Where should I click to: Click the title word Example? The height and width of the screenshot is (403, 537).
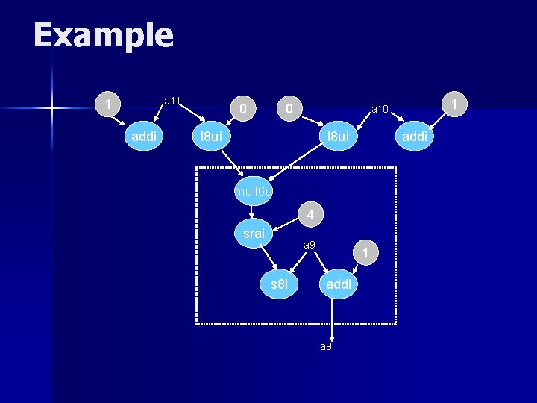pos(103,35)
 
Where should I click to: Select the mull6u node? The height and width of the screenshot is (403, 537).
pos(254,192)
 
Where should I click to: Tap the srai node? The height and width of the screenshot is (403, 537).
pos(254,234)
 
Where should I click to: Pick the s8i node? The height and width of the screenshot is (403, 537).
pos(280,284)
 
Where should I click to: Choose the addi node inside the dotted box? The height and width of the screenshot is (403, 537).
pos(339,284)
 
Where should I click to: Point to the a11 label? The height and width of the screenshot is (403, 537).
pos(172,100)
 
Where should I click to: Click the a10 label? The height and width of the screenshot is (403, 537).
pos(380,110)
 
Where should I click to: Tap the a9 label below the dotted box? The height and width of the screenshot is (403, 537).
pos(327,347)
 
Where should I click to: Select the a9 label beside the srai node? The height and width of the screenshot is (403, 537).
pos(310,245)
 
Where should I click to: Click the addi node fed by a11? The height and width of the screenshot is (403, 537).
pos(143,137)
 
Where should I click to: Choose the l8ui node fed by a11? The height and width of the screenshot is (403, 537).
pos(212,137)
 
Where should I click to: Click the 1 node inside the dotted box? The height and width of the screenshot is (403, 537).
pos(365,254)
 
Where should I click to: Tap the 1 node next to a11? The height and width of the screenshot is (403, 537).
pos(109,104)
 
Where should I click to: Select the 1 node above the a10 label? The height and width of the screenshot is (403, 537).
pos(453,104)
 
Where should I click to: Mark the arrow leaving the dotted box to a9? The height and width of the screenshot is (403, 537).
pos(333,319)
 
